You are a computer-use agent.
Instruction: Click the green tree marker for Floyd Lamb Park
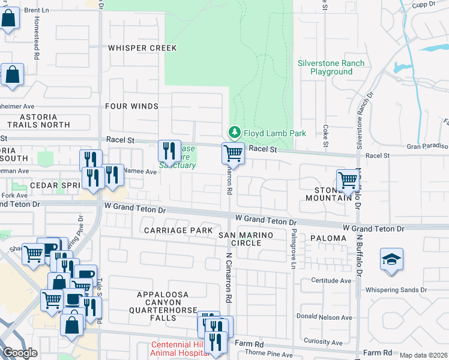(x=234, y=133)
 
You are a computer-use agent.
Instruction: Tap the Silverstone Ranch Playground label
(x=331, y=67)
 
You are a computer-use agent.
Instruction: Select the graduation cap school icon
(x=391, y=259)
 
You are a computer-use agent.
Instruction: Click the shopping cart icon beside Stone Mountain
(x=348, y=179)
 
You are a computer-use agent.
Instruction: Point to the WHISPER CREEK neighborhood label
(x=142, y=48)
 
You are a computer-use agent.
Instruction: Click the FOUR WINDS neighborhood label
(x=131, y=106)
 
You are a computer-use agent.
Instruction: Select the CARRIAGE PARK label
(x=178, y=230)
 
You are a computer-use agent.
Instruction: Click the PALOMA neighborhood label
(x=328, y=238)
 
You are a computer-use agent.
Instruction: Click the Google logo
(x=20, y=353)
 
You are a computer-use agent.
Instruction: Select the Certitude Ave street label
(x=331, y=281)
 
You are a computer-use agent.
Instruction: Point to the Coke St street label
(x=326, y=135)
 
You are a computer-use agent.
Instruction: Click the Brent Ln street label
(x=37, y=11)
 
